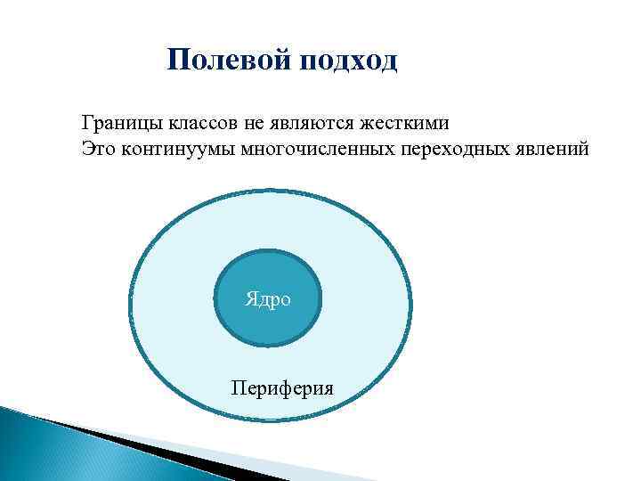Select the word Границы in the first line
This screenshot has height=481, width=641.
click(x=115, y=122)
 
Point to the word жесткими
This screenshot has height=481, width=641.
click(x=424, y=122)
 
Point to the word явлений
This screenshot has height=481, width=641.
click(x=552, y=148)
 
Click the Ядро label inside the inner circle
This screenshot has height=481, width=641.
click(x=267, y=299)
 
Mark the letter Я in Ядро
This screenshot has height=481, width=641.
click(x=251, y=299)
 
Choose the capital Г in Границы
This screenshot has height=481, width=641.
click(x=86, y=121)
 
